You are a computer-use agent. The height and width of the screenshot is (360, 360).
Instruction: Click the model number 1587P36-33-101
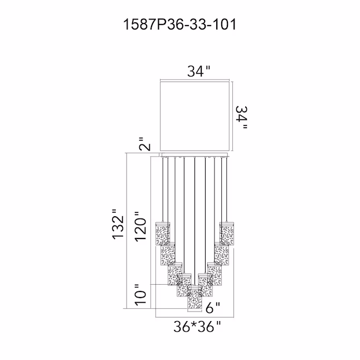(180, 25)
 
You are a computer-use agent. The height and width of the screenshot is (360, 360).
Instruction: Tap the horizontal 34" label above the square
(199, 71)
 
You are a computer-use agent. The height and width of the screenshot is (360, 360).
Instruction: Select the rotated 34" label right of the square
(242, 118)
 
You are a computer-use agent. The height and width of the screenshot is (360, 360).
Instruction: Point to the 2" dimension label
(145, 144)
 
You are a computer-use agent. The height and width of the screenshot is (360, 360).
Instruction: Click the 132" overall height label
(118, 225)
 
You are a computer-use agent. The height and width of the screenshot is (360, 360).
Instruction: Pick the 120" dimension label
(140, 226)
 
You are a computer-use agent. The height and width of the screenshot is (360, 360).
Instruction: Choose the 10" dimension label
(140, 295)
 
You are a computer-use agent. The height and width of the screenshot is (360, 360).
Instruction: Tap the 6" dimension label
(213, 308)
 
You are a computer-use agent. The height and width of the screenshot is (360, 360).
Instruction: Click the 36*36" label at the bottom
(197, 327)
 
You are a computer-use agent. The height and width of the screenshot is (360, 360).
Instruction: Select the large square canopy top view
(195, 116)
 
